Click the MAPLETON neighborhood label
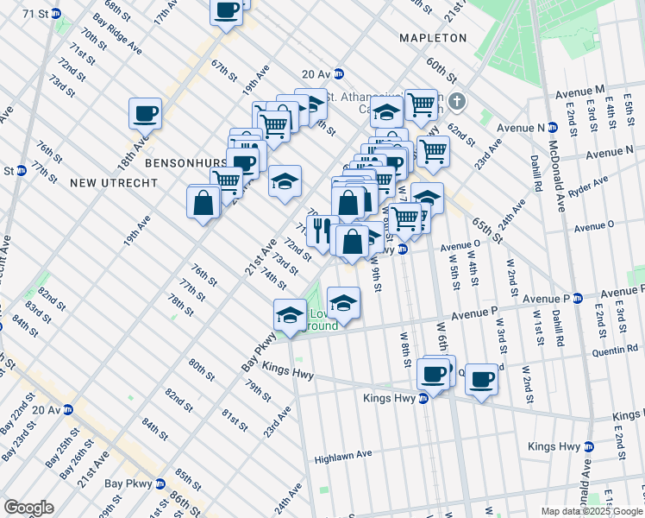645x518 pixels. click(x=432, y=38)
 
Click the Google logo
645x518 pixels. click(x=28, y=508)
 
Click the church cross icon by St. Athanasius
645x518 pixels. click(x=457, y=102)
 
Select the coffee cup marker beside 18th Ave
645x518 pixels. click(x=145, y=113)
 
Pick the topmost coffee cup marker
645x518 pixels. click(x=226, y=10)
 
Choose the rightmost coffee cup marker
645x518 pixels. click(x=481, y=377)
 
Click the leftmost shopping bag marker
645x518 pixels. click(x=204, y=203)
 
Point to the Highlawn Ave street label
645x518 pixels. click(x=343, y=454)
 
